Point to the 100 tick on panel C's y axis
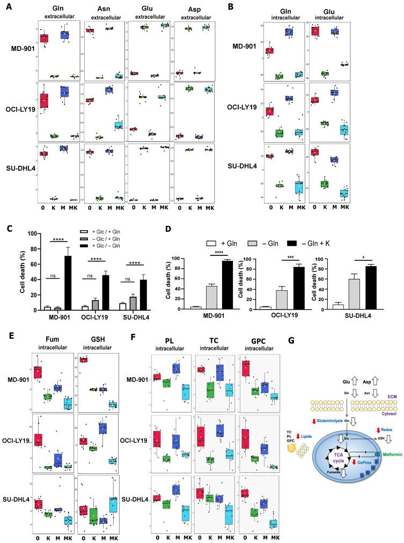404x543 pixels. (x=34, y=234)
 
